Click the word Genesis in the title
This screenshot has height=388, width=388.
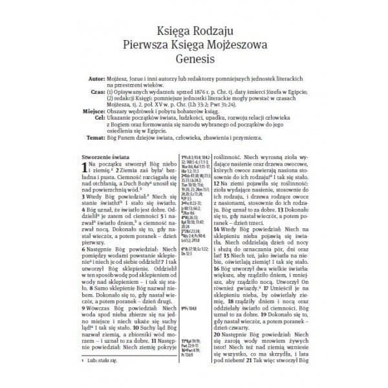(193, 59)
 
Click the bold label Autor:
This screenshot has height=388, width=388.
(96, 76)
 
